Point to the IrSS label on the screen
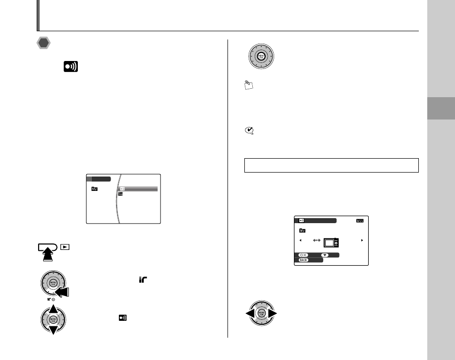(x=360, y=221)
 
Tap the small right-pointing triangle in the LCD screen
(x=362, y=240)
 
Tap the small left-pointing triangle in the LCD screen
(x=300, y=240)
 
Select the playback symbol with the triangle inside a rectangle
(x=64, y=246)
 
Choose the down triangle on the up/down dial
(x=52, y=330)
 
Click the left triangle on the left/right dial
(x=250, y=314)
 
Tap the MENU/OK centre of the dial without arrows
(x=261, y=57)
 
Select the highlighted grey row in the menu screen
(x=137, y=189)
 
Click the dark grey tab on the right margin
(x=441, y=108)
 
